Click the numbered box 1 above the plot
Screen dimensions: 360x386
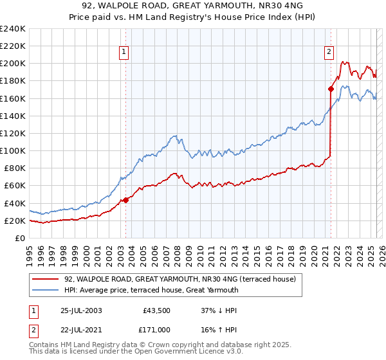click(x=123, y=53)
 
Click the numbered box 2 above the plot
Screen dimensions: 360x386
click(x=329, y=53)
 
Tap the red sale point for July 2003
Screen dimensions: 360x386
click(x=126, y=200)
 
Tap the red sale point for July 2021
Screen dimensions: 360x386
click(x=331, y=89)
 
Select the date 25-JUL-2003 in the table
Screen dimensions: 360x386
click(x=80, y=310)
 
